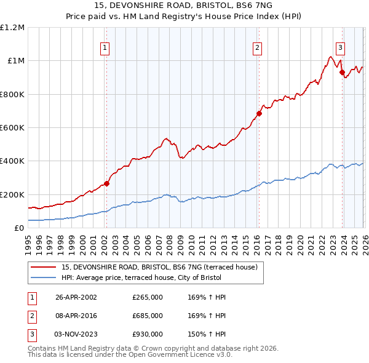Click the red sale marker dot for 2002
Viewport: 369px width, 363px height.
[x=106, y=183]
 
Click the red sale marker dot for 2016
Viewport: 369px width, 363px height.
[x=259, y=113]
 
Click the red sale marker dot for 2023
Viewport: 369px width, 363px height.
[x=341, y=72]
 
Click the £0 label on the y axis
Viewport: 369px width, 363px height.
[x=18, y=228]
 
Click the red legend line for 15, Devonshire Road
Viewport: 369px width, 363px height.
[x=42, y=266]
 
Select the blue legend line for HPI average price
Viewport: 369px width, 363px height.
[x=42, y=277]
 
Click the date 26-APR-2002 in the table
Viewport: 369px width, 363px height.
[x=76, y=297]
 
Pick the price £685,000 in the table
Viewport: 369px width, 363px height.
[x=148, y=316]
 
